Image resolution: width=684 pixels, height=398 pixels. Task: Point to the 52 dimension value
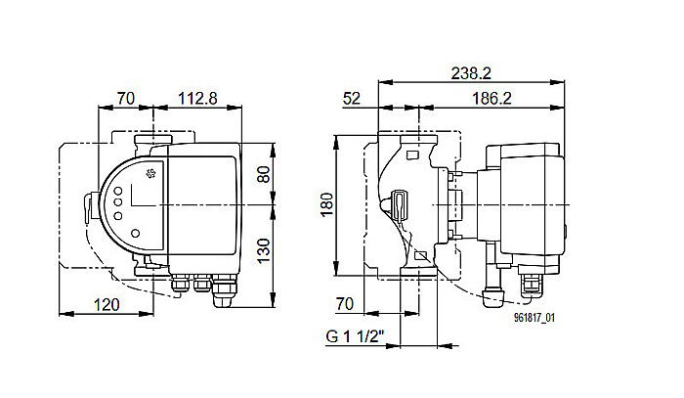(353, 99)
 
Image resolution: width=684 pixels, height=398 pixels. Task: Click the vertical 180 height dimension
(327, 203)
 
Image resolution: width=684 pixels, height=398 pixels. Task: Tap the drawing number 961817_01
(535, 317)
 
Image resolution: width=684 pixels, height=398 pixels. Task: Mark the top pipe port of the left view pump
(149, 141)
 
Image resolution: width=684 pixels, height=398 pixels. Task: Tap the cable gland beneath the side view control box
(534, 284)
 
